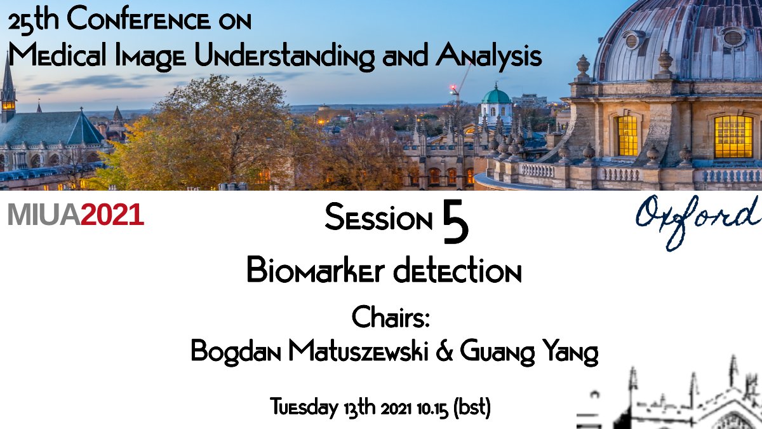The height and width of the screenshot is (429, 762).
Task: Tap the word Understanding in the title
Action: coord(284,56)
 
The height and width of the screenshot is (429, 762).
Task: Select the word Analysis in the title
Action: coord(489,56)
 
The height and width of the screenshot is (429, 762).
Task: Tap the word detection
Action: coord(457,271)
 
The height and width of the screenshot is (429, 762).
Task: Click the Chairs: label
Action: coord(391,317)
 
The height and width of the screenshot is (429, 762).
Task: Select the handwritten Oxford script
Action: coord(697,219)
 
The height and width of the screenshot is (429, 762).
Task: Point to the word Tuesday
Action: coord(304,407)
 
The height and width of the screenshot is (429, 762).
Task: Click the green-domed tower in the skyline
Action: coord(496,105)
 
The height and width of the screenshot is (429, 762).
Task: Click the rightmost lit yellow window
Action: coord(733,137)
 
